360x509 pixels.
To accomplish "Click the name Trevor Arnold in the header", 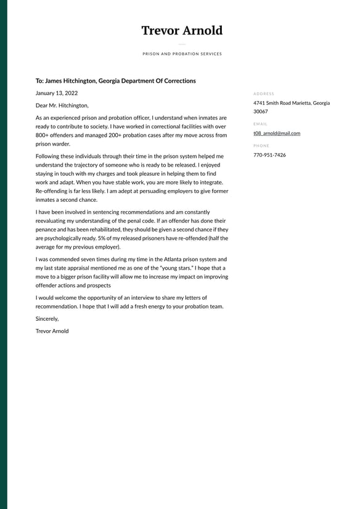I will click(x=182, y=31).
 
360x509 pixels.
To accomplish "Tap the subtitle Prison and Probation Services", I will click(x=182, y=54).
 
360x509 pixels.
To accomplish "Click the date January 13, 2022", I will click(x=57, y=93).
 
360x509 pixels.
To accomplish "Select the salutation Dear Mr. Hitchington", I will click(x=62, y=106).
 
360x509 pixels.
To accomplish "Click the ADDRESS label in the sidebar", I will click(x=263, y=94).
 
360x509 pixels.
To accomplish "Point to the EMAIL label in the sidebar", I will click(x=260, y=124).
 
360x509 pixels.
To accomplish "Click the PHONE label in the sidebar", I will click(x=261, y=146).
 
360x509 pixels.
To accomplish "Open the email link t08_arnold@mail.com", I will click(x=277, y=133).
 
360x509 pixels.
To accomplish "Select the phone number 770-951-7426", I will click(x=269, y=155).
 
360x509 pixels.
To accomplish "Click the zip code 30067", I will click(x=261, y=112).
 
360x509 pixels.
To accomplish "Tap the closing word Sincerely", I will click(x=47, y=319).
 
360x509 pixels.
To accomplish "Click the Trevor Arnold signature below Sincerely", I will click(x=52, y=331).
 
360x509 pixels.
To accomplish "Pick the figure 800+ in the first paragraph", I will click(x=43, y=135).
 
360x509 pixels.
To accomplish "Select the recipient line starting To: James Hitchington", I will click(x=116, y=81).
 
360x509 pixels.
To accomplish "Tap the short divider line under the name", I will click(x=182, y=44).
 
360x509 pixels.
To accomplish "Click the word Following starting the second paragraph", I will click(x=49, y=157).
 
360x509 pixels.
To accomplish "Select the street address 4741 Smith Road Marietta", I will click(x=282, y=103).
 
